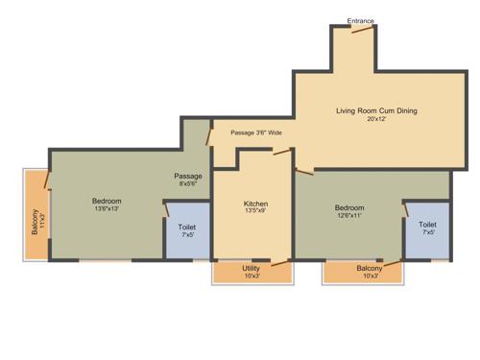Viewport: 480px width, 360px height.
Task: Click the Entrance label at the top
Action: pos(360,20)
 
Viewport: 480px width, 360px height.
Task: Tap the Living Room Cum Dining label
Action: pos(376,111)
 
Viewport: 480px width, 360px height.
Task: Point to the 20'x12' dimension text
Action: pos(376,120)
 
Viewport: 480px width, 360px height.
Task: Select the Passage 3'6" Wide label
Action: pos(256,132)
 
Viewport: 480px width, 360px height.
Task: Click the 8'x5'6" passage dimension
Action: pos(188,184)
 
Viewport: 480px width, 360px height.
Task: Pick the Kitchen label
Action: pos(255,204)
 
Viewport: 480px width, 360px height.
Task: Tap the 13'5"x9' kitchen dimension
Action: pos(255,211)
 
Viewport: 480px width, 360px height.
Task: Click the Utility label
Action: pos(251,268)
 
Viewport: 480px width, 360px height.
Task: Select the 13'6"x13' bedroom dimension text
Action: pos(107,208)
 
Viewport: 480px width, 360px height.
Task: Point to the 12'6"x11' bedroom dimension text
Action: pos(348,216)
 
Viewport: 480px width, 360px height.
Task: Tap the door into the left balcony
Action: pos(47,180)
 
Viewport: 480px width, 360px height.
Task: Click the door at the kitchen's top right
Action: pos(281,152)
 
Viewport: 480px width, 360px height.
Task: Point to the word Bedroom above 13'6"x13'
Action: pos(107,201)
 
